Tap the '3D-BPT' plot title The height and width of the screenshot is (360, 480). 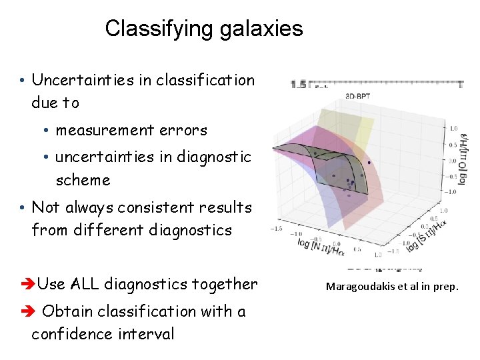[x=358, y=96]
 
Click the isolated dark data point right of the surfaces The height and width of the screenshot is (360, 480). [x=369, y=162]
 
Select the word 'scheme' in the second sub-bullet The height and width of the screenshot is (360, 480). [x=83, y=180]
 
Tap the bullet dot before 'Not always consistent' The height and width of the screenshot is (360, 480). [x=23, y=208]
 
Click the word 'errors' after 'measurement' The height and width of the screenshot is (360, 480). [x=187, y=131]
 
